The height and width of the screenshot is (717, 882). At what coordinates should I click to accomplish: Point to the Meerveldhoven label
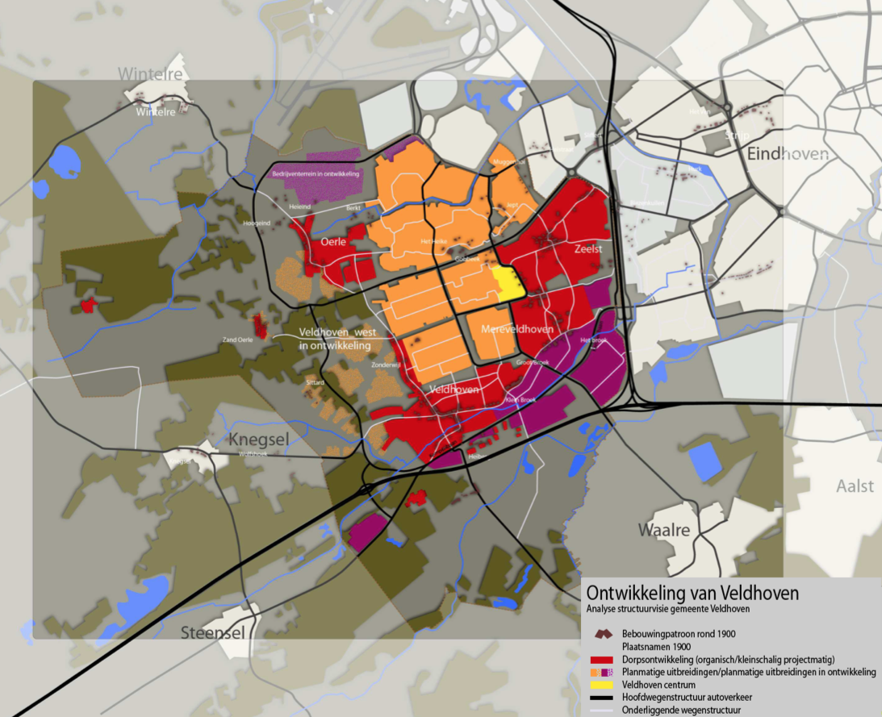pos(517,330)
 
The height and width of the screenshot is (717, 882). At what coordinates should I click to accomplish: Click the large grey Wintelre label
pos(150,74)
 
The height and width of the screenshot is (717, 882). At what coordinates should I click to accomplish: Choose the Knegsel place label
pos(260,440)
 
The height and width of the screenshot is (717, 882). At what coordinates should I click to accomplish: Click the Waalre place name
pos(664,530)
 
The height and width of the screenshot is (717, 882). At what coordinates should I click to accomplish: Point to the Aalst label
pos(855,486)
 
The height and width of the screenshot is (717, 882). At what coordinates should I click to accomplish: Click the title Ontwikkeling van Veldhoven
pos(692,594)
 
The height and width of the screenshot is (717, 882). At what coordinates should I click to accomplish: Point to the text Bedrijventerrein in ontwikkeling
pos(316,173)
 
